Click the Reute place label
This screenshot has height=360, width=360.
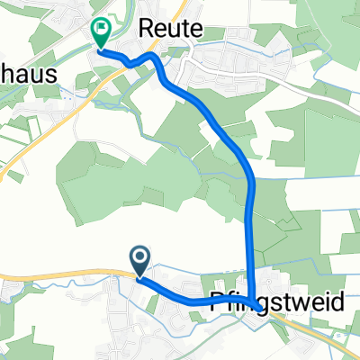click(169, 29)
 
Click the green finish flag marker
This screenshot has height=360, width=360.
click(101, 33)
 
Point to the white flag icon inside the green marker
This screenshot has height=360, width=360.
click(101, 30)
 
